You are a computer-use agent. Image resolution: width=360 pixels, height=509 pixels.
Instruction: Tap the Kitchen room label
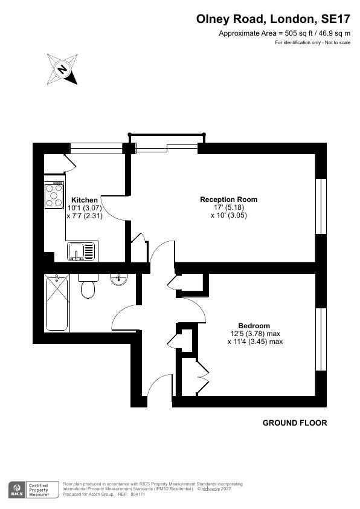[85, 200]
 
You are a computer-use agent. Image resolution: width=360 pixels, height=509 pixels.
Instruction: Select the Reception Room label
[229, 199]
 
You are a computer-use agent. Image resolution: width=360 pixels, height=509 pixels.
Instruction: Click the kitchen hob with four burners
[54, 196]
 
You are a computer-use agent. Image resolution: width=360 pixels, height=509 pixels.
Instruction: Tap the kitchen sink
[81, 250]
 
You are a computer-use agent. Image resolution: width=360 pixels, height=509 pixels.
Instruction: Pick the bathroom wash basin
[119, 280]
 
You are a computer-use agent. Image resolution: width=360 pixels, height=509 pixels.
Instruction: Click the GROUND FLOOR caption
[295, 423]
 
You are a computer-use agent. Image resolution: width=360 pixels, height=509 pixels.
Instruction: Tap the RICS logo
[18, 490]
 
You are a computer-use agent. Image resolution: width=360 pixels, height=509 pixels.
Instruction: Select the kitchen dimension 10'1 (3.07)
[85, 208]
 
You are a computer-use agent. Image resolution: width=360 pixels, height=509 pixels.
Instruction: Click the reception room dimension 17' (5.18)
[229, 207]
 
